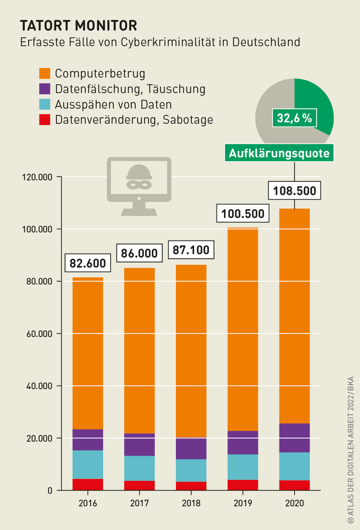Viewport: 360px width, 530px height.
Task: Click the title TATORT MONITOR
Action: tap(78, 25)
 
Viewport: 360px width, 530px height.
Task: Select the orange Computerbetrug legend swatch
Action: tap(45, 74)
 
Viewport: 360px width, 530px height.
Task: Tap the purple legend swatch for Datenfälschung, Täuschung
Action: tap(45, 89)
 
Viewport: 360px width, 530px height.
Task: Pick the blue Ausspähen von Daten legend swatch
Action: tap(45, 104)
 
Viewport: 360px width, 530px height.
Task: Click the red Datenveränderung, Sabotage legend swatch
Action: tap(45, 119)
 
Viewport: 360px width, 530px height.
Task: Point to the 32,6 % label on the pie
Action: tap(294, 118)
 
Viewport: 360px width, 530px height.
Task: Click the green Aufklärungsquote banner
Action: tap(279, 153)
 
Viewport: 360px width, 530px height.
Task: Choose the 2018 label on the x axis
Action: tap(191, 503)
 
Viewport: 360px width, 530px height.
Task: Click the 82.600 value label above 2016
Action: tap(88, 263)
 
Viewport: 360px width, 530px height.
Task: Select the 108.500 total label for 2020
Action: tap(294, 191)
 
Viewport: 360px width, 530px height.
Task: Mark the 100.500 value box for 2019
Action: tap(243, 214)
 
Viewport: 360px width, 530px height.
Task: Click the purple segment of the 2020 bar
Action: tap(294, 438)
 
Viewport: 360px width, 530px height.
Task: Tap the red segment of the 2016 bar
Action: tap(88, 485)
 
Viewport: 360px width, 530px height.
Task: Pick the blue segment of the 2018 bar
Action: tap(191, 470)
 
